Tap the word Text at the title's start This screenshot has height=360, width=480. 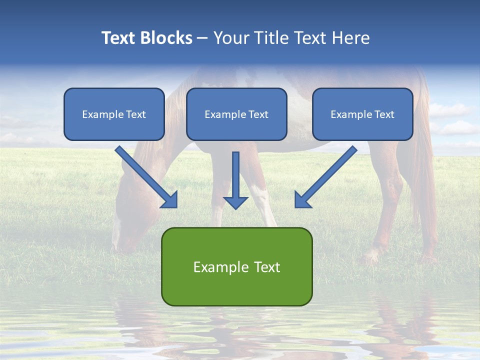point(118,38)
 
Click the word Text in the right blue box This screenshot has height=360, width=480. point(384,114)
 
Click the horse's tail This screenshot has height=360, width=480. point(425,165)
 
